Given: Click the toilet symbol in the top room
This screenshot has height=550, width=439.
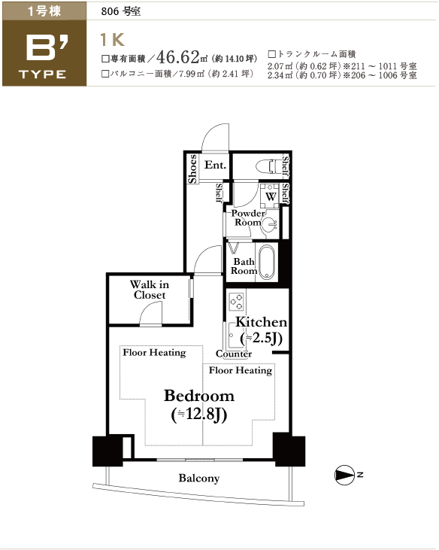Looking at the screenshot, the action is [269, 166].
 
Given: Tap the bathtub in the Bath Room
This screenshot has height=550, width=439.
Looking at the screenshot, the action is [267, 262].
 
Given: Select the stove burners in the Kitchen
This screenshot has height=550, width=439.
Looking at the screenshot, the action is [236, 302].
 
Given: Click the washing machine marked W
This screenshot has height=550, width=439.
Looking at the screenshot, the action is [270, 196].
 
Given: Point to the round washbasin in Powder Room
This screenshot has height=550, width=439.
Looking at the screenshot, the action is [269, 223].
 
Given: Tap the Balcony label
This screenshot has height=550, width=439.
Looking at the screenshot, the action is [199, 478].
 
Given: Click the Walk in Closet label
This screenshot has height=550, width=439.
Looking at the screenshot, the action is [150, 290].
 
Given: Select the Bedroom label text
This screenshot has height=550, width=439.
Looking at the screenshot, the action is [199, 396].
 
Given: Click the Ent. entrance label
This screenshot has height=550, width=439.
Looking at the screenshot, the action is [215, 165].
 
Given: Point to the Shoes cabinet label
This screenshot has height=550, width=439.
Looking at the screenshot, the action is [192, 169].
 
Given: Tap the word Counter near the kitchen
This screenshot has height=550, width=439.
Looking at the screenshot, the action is [234, 354].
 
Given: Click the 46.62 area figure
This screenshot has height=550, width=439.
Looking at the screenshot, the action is [178, 56].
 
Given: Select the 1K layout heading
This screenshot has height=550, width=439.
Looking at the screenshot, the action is [112, 39].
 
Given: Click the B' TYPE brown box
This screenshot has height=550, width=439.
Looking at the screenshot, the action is [44, 53].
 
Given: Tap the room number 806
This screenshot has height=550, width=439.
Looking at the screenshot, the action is [110, 11].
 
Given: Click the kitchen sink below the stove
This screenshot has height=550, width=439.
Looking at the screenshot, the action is [232, 335].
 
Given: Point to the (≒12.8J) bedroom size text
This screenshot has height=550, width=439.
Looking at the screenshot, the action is [199, 415].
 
